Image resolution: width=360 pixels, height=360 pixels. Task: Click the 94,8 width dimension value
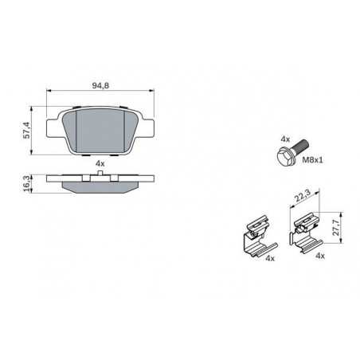pos(100,85)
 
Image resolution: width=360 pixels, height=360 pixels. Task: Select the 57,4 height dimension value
pos(26,131)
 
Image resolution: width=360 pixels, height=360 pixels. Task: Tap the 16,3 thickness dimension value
pos(26,183)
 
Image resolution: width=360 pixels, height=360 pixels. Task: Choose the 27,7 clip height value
pos(337,228)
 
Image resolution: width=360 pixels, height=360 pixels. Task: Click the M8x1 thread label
pos(313,160)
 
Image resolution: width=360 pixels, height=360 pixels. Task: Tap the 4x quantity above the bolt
pos(285,139)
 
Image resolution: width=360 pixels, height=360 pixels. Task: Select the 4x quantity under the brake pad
pos(100,163)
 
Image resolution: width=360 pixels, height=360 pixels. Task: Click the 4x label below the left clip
pos(270,258)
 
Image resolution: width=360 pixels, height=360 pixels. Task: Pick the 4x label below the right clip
pos(320,256)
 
